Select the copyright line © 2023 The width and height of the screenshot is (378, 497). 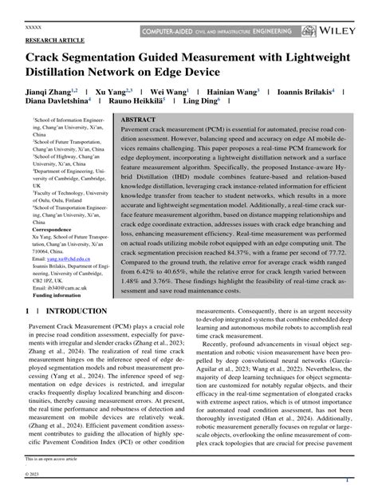(37, 476)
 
